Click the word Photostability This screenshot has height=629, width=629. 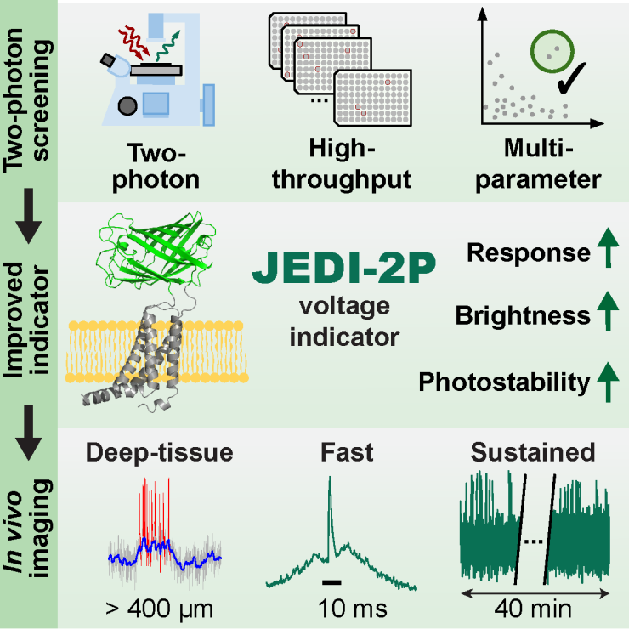[x=504, y=383]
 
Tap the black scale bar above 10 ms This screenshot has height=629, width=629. [x=332, y=581]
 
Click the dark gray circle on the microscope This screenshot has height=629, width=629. [x=128, y=105]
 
